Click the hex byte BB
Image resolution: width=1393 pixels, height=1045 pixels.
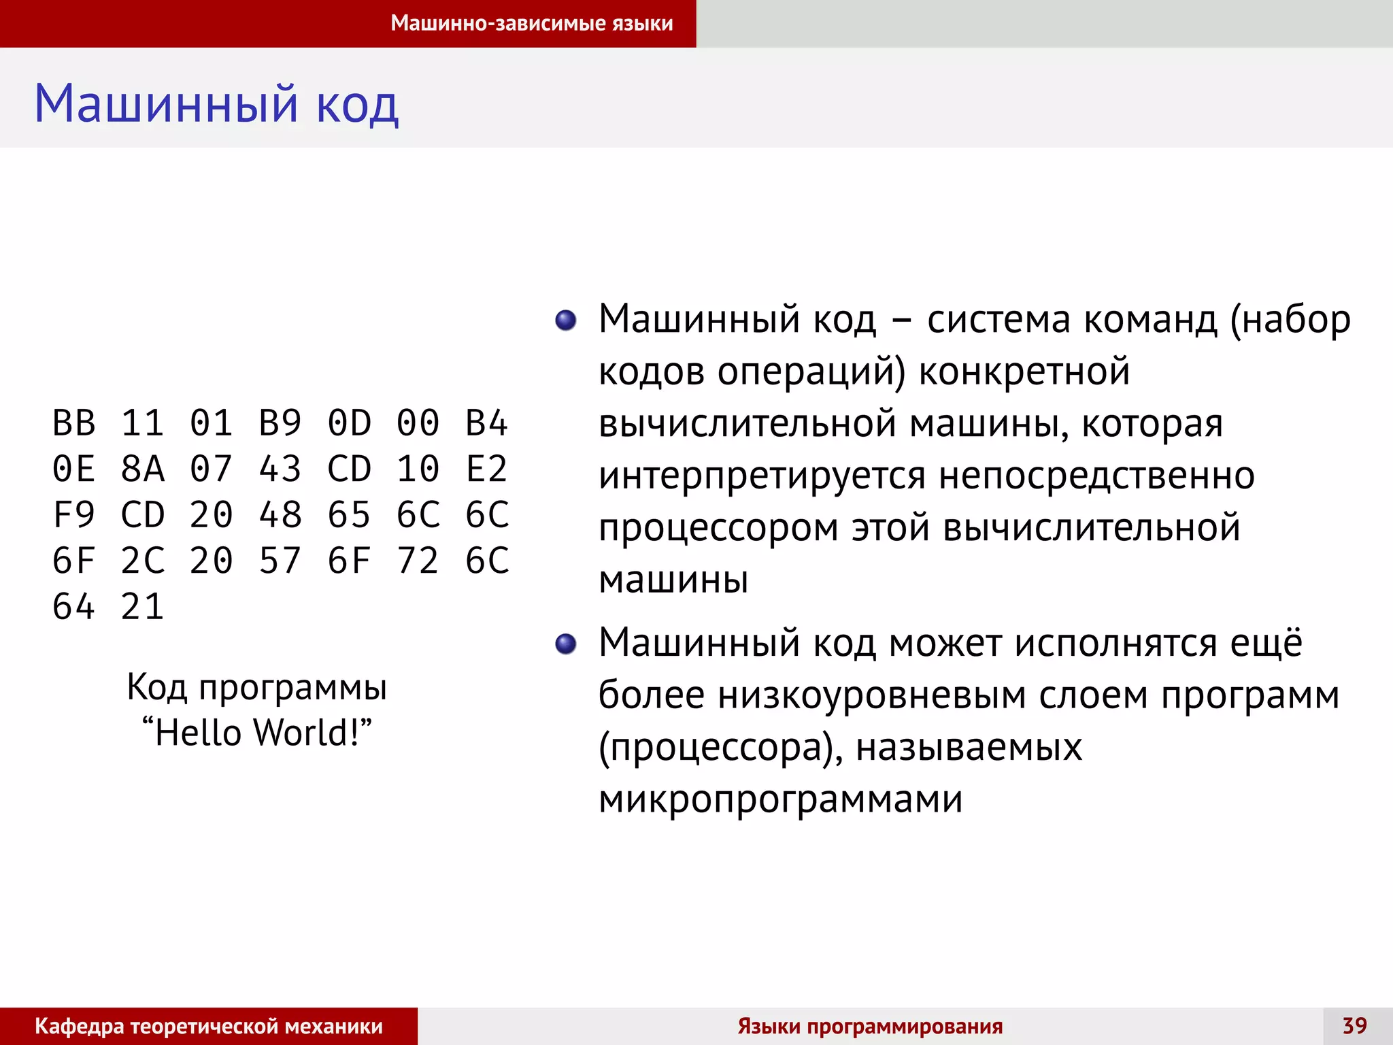pyautogui.click(x=74, y=423)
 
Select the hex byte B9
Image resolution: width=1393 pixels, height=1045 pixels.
pyautogui.click(x=280, y=423)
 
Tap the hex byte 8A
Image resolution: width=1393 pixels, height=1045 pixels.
pyautogui.click(x=143, y=469)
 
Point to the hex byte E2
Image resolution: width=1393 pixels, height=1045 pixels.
pyautogui.click(x=486, y=469)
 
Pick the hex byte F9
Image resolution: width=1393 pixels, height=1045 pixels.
pyautogui.click(x=74, y=515)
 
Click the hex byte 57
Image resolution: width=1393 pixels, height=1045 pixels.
pyautogui.click(x=280, y=561)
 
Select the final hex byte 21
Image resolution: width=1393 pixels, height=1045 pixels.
pyautogui.click(x=143, y=607)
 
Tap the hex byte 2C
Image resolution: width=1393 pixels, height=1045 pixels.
pyautogui.click(x=143, y=561)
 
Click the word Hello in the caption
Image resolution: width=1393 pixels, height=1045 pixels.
pyautogui.click(x=198, y=733)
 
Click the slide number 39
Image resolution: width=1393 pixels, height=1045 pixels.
pyautogui.click(x=1354, y=1025)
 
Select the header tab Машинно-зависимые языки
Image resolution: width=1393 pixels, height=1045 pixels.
pyautogui.click(x=531, y=23)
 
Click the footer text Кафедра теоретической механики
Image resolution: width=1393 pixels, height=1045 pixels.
pyautogui.click(x=209, y=1026)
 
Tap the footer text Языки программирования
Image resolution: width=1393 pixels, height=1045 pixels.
pyautogui.click(x=870, y=1026)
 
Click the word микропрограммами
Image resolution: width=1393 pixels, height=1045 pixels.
pyautogui.click(x=780, y=800)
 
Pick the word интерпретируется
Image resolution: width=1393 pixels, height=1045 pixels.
pyautogui.click(x=762, y=476)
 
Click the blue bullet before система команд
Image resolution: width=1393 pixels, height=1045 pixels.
pyautogui.click(x=565, y=320)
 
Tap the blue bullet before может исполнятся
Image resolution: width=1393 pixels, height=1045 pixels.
pyautogui.click(x=565, y=644)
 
